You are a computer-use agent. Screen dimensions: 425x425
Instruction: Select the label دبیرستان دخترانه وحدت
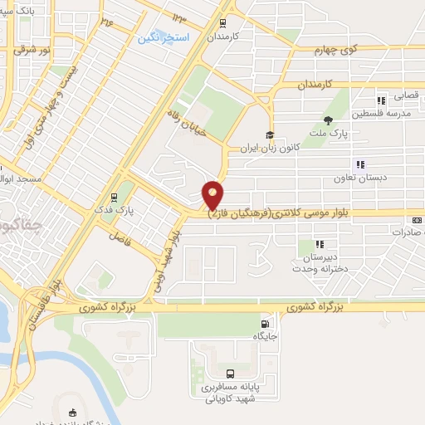(312, 263)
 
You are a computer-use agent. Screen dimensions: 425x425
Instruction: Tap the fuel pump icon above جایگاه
(265, 323)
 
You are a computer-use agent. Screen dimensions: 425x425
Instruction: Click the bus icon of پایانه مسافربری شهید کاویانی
(230, 374)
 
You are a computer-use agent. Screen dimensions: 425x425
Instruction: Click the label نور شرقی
(31, 50)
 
